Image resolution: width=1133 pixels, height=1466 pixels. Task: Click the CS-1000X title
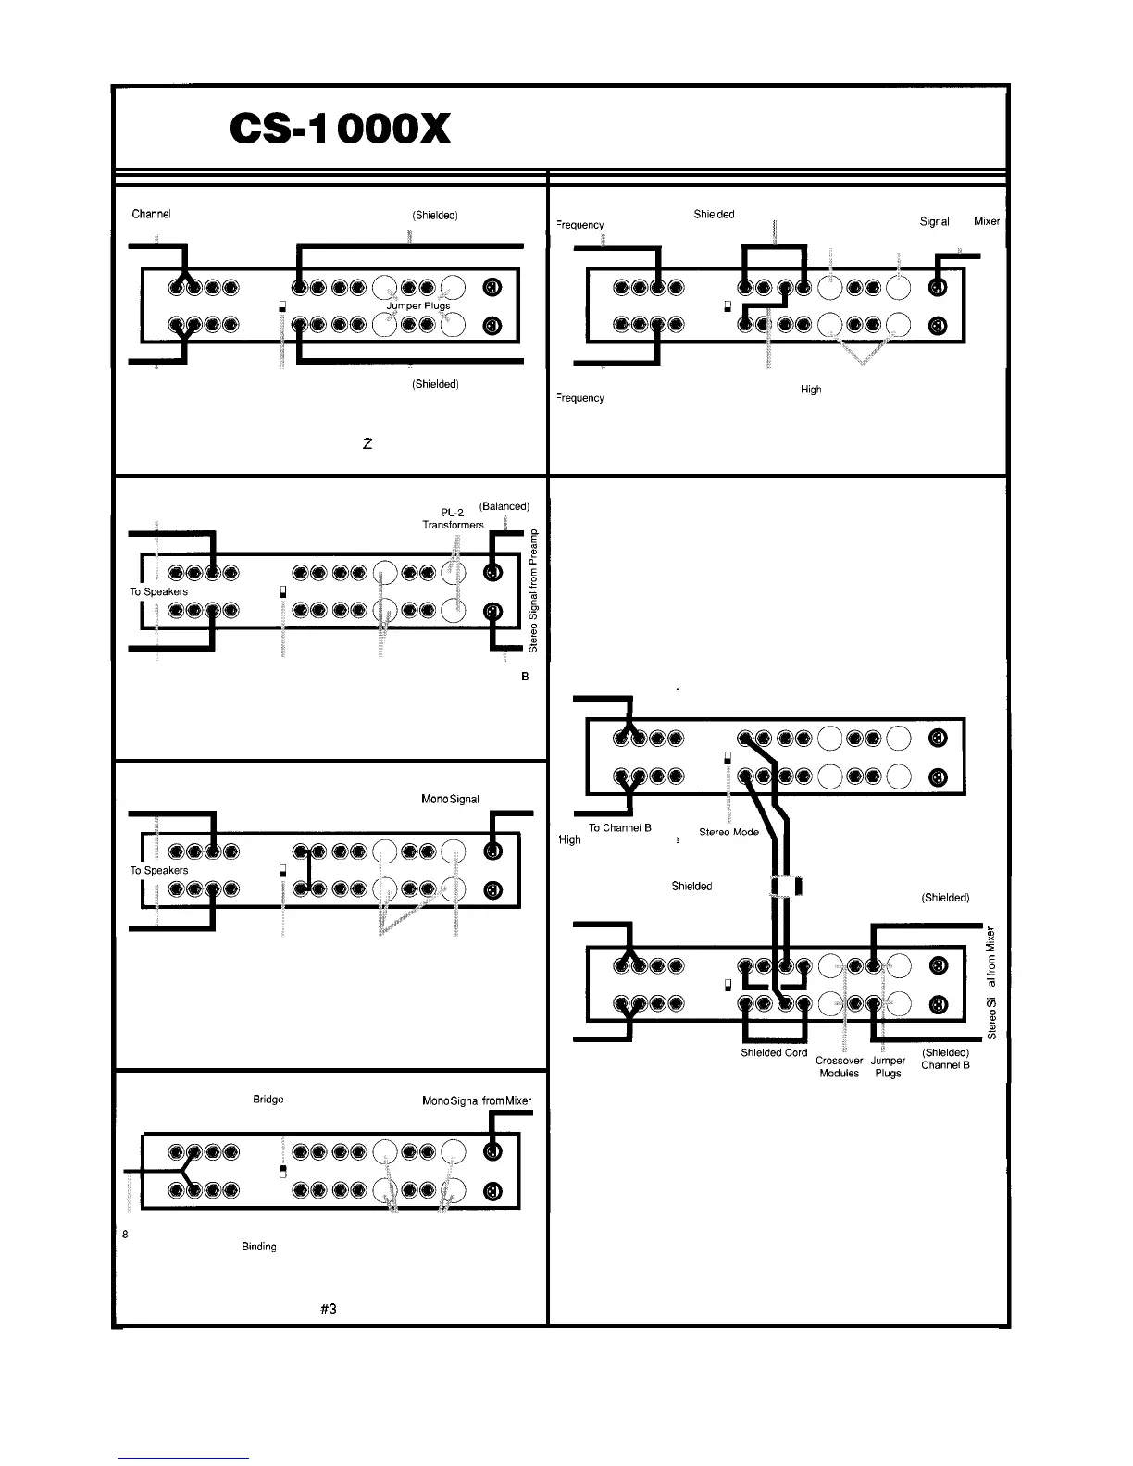(340, 130)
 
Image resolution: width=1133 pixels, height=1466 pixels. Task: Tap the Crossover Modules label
(839, 1067)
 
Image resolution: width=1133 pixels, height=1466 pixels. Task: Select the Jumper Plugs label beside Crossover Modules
(888, 1067)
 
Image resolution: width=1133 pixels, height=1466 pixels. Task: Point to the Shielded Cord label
(774, 1053)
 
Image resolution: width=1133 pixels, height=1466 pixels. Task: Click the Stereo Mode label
(728, 832)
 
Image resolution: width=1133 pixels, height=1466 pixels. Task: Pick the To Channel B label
(620, 827)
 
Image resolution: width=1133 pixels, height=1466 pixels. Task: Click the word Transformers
(453, 525)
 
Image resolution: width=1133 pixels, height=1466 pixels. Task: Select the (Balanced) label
(504, 506)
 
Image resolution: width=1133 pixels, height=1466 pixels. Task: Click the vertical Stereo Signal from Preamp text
(535, 589)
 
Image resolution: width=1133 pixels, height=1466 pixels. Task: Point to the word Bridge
(268, 1099)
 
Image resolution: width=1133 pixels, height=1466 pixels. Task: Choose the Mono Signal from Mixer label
(477, 1100)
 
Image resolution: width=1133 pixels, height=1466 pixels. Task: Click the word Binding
(259, 1247)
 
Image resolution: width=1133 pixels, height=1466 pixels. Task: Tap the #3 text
(328, 1309)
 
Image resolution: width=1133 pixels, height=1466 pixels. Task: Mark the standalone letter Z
(367, 444)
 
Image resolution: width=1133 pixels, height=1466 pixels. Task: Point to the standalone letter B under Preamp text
(525, 677)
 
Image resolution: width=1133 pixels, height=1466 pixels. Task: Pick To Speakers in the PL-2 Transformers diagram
(158, 591)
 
